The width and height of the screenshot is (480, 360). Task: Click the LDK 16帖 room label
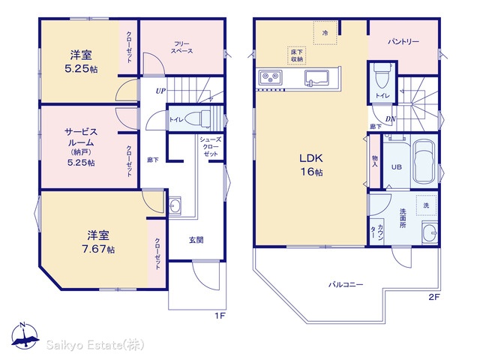(311, 165)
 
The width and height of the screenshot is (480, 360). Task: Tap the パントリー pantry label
(403, 41)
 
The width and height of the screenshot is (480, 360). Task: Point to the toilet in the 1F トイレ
(197, 118)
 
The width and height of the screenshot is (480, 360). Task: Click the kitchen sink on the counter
(316, 77)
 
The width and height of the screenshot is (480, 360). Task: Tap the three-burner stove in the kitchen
(270, 76)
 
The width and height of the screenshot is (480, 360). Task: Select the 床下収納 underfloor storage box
(297, 55)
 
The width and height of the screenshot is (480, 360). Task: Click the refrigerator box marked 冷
(325, 33)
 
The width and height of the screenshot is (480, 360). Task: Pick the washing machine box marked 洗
(426, 205)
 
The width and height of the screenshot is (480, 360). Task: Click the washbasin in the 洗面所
(430, 233)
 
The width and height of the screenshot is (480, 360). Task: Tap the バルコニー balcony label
(346, 285)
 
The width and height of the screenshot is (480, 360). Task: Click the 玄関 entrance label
(196, 240)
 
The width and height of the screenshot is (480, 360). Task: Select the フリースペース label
(181, 47)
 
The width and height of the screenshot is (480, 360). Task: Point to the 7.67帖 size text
(98, 249)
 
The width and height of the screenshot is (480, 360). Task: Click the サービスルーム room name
(81, 137)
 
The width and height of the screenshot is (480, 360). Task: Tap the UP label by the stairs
(160, 91)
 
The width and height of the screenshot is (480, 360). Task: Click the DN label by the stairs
(391, 119)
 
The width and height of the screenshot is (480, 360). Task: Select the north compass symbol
(25, 335)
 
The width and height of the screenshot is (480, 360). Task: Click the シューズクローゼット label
(210, 147)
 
